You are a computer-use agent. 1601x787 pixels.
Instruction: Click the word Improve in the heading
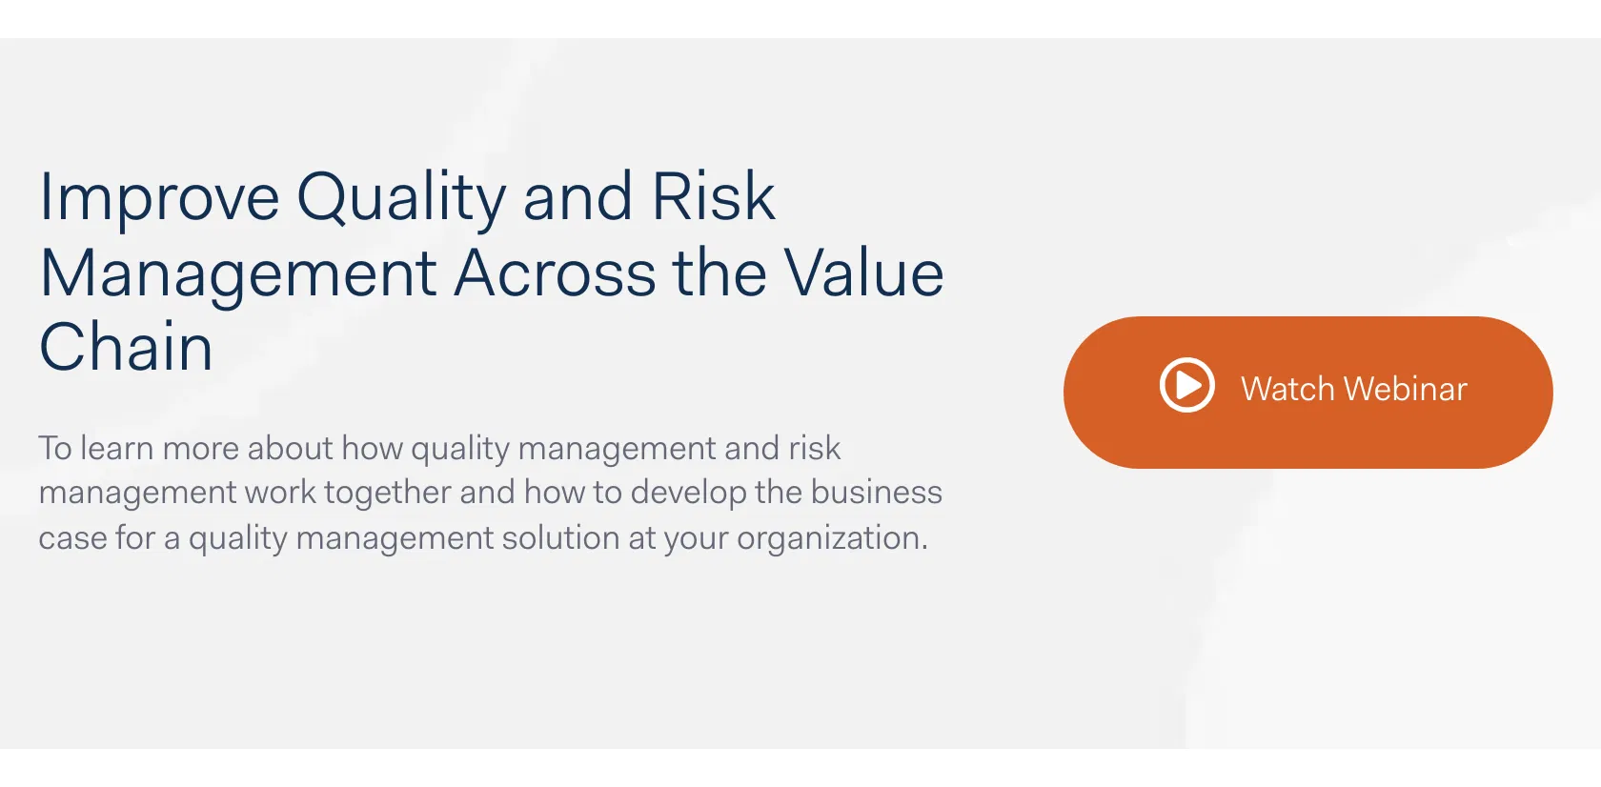coord(159,199)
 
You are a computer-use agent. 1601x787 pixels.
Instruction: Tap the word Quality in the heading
coord(402,199)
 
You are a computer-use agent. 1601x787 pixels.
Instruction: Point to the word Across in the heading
coord(555,272)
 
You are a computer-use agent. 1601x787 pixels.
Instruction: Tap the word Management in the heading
coord(238,277)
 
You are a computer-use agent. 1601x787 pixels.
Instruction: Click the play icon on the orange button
coord(1186,385)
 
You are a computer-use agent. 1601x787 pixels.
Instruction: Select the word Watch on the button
coord(1287,389)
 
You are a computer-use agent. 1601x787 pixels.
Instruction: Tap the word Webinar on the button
coord(1405,389)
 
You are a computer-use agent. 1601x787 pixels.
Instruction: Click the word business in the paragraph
coord(877,492)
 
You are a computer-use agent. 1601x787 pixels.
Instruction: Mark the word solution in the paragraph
coord(560,536)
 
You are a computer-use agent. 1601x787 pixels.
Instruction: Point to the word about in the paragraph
coord(290,448)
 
